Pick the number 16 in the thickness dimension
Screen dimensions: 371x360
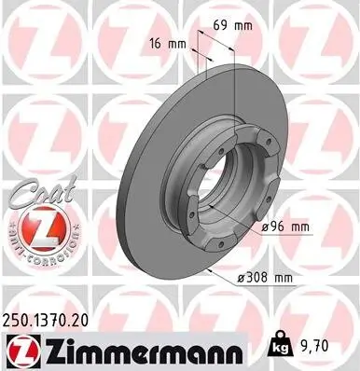tap(155, 43)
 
